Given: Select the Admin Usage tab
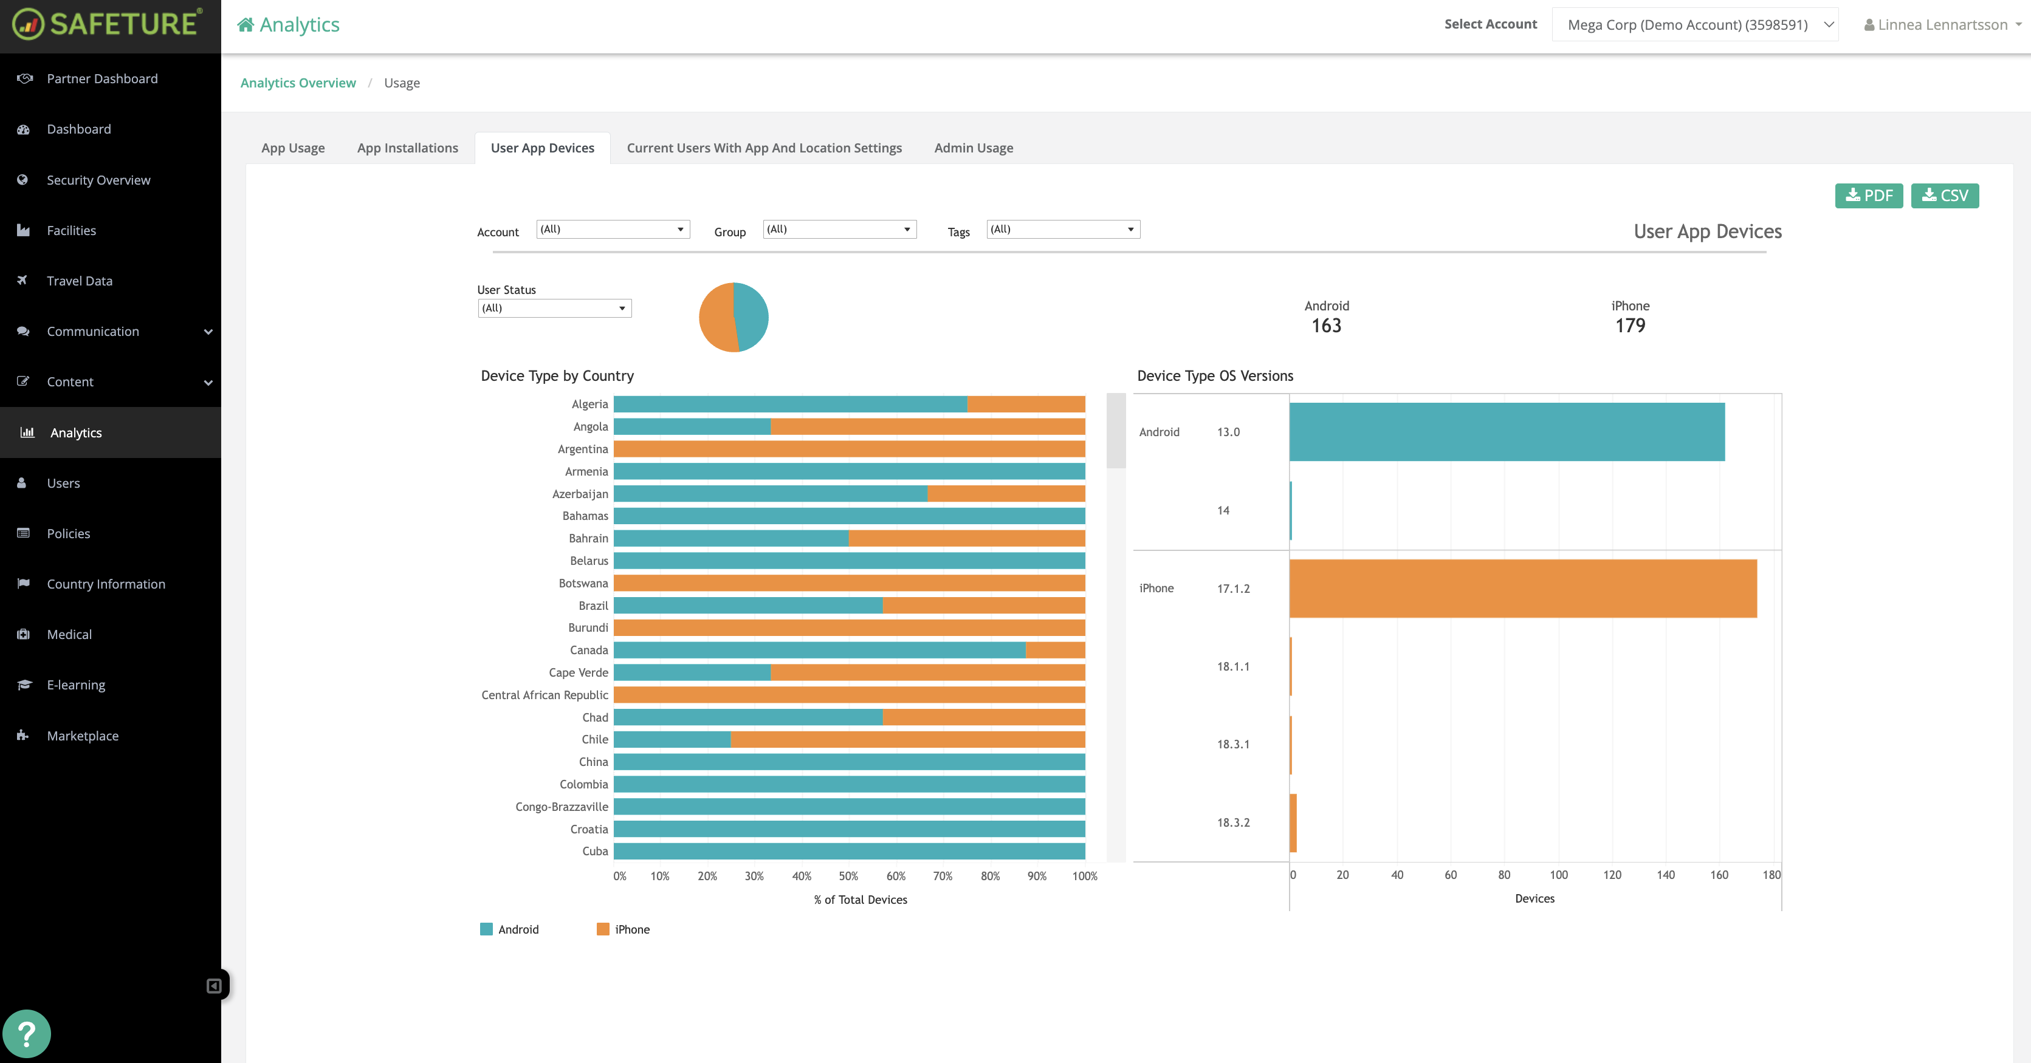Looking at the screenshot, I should (x=973, y=148).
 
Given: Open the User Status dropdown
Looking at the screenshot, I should (x=554, y=308).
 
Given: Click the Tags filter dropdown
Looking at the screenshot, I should (x=1063, y=230).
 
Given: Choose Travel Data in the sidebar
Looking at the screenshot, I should (x=79, y=281).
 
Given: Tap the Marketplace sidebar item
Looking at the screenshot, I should (x=82, y=735).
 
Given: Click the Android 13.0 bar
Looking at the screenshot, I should (x=1506, y=432).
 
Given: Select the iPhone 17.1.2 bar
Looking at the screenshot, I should (x=1522, y=589).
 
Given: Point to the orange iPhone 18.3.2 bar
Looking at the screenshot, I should (x=1293, y=822).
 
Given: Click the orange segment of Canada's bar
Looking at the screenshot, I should (x=1055, y=650).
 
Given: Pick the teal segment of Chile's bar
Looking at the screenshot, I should (x=672, y=739).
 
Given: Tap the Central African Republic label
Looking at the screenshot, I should (x=545, y=695).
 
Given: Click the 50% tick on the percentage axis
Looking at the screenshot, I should (x=848, y=877).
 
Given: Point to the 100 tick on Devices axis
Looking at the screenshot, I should (x=1558, y=875).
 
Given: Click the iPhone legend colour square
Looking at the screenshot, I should (x=603, y=929).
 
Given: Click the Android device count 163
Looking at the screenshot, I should (x=1326, y=326).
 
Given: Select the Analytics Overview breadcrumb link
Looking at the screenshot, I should (x=298, y=83).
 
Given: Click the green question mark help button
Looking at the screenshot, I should (x=27, y=1034).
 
